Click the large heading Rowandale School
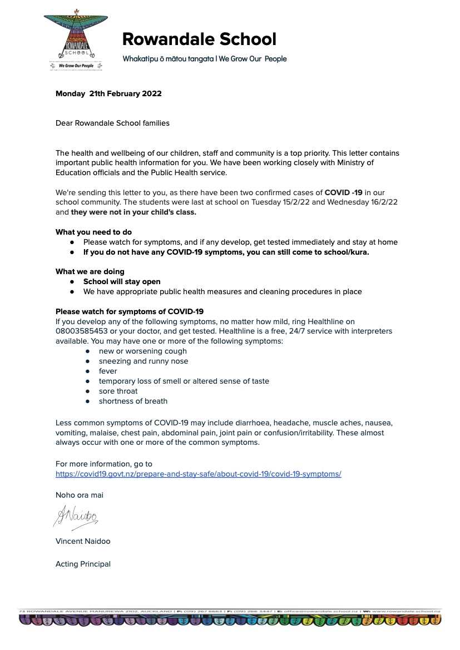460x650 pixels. tap(199, 39)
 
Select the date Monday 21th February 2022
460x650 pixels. tap(108, 93)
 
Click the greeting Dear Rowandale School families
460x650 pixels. tap(112, 123)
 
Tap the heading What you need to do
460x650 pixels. tap(93, 232)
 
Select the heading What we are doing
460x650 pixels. tap(90, 271)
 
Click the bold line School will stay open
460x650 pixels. tap(122, 281)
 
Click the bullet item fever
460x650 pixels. tap(108, 371)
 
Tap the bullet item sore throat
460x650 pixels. tap(118, 391)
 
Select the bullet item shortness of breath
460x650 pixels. tap(133, 401)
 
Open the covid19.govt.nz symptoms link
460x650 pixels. tap(198, 474)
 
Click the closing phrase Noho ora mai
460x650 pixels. tap(79, 495)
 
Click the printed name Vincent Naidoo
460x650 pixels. tap(83, 541)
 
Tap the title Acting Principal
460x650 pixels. tap(83, 564)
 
